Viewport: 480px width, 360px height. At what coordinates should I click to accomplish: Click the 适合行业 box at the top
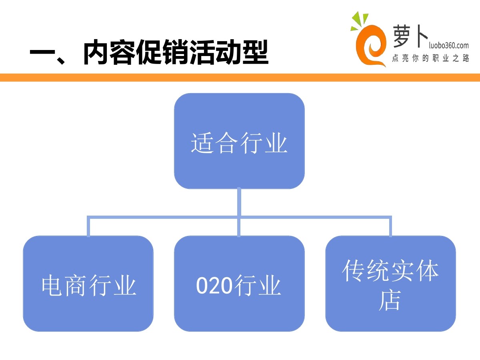tap(239, 141)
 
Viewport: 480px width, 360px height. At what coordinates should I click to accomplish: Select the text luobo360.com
tap(444, 45)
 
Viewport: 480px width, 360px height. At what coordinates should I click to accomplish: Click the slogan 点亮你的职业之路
tap(430, 59)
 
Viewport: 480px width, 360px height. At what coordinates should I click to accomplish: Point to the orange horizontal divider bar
tap(240, 78)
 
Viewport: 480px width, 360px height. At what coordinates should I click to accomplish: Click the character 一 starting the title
tap(42, 53)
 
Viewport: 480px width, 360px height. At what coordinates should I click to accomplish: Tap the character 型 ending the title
tap(254, 53)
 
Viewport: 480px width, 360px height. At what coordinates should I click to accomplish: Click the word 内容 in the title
tap(107, 53)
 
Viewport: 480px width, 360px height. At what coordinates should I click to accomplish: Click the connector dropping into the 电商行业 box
tap(88, 227)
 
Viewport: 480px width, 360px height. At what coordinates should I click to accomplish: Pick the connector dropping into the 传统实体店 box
tap(390, 227)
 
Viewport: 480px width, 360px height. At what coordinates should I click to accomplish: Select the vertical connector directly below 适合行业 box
tap(239, 202)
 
